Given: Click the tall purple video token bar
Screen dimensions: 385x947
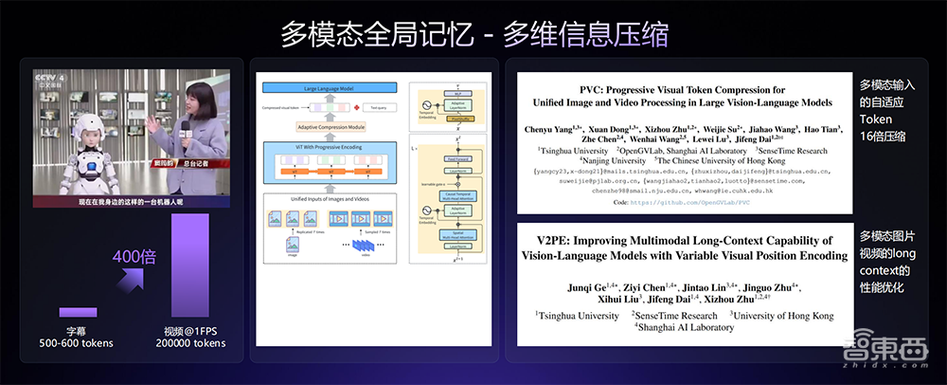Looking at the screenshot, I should tap(188, 271).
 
